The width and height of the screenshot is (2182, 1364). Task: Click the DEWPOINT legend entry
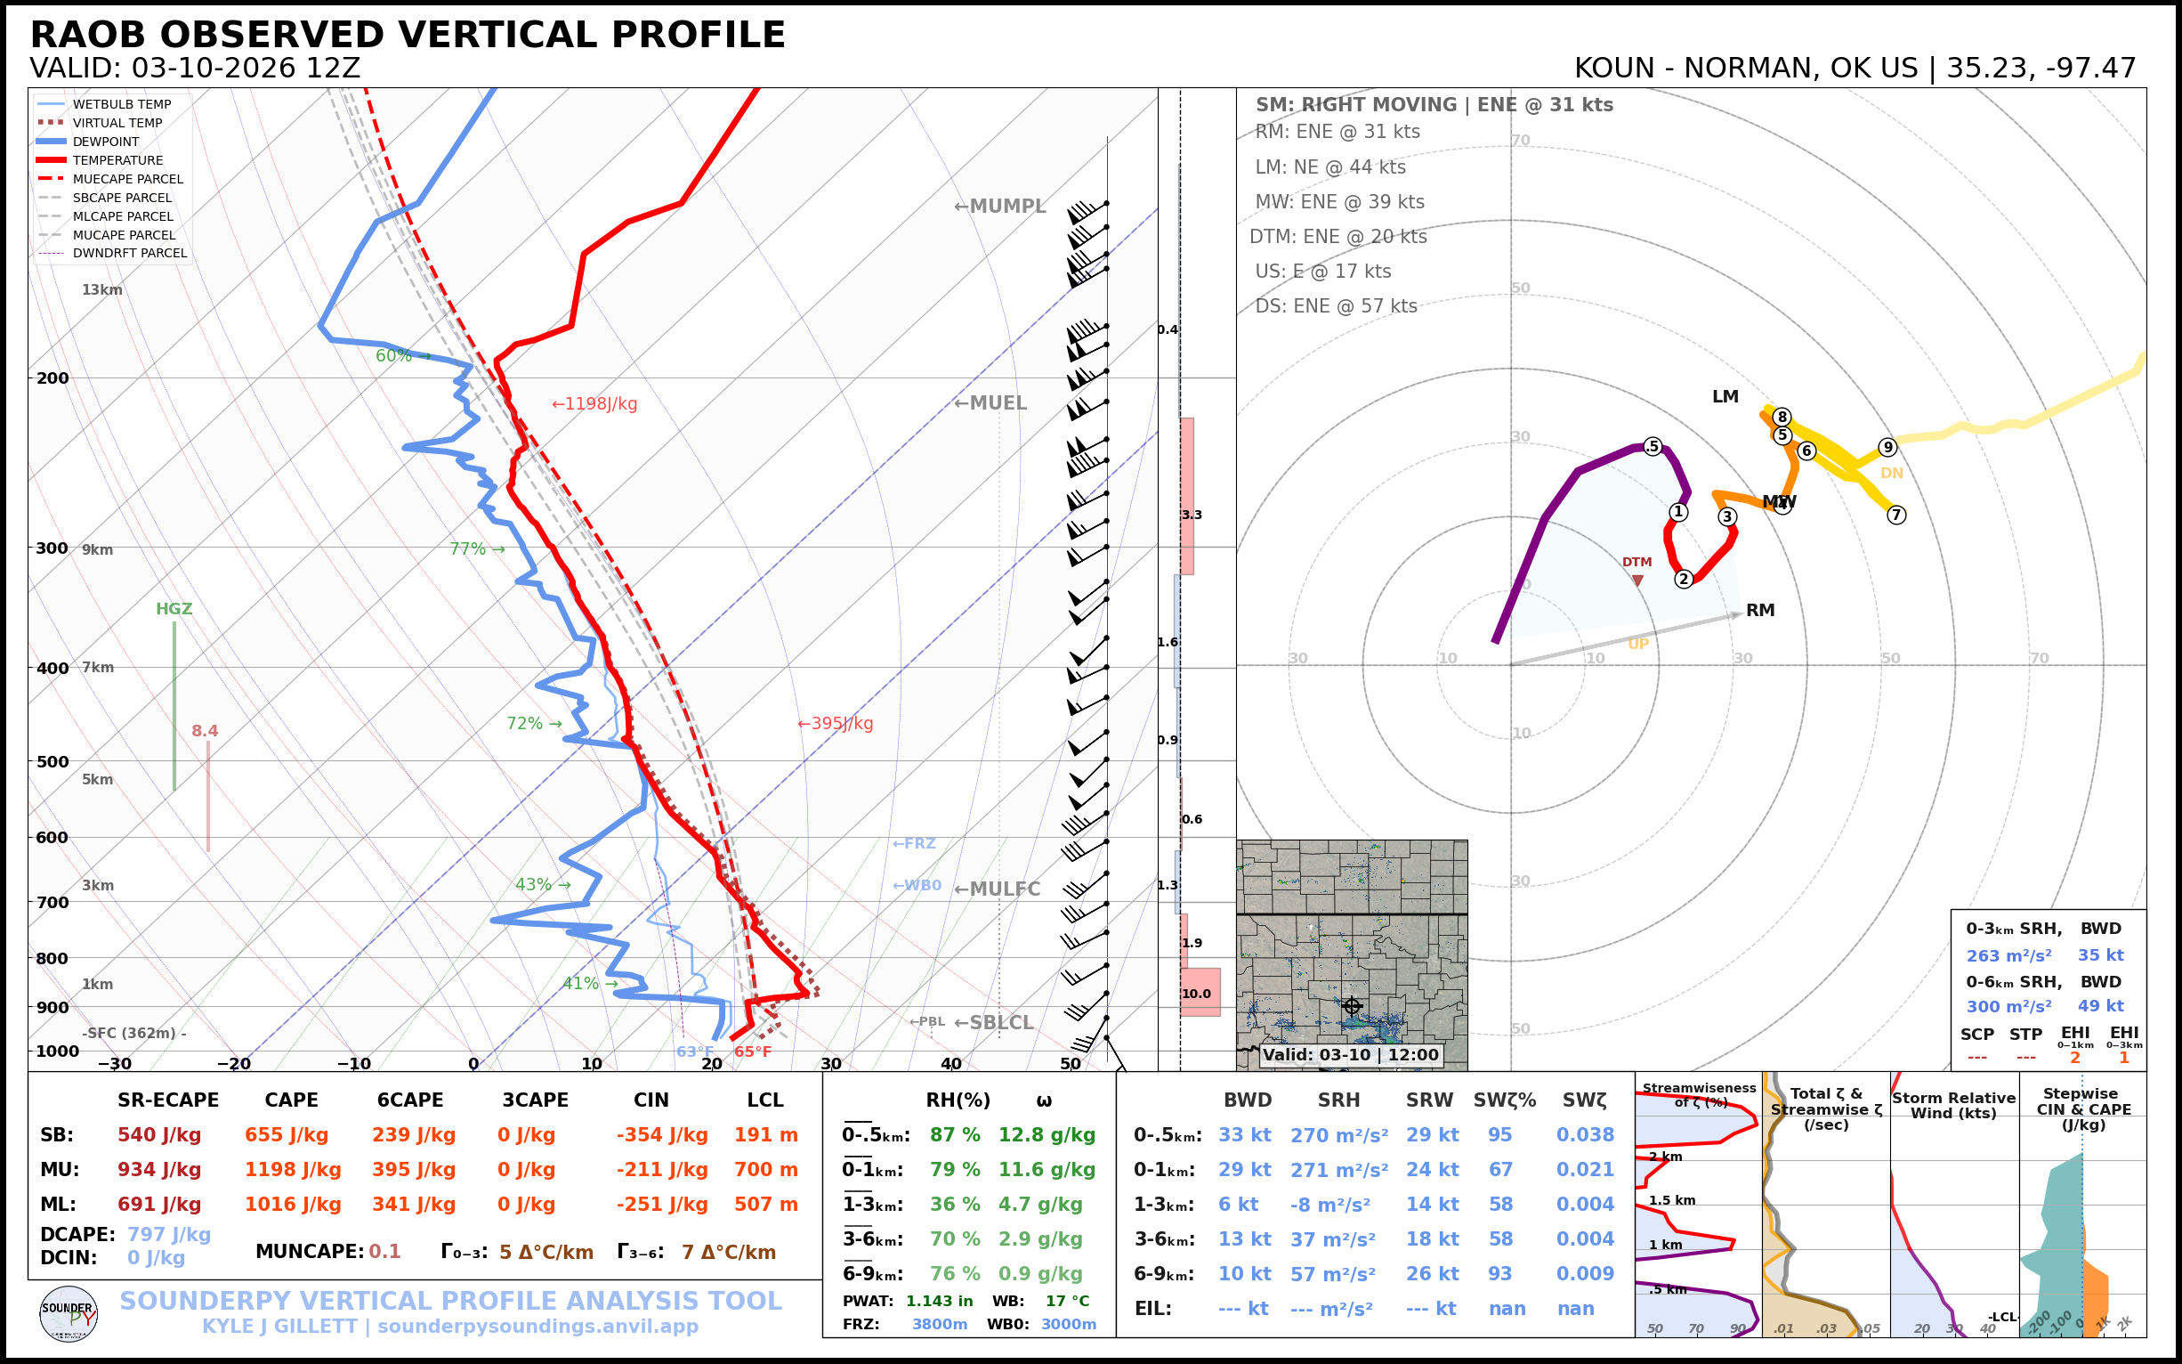coord(106,142)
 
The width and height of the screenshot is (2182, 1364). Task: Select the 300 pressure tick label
coord(53,548)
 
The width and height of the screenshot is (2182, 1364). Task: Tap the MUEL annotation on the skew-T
coord(991,403)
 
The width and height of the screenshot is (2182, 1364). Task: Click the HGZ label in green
coord(174,609)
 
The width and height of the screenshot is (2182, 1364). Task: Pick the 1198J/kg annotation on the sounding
coord(595,404)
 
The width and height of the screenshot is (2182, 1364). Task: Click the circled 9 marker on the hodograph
coord(1888,448)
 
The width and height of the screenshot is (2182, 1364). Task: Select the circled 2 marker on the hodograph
coord(1684,579)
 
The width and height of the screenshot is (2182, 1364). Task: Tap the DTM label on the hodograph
coord(1636,562)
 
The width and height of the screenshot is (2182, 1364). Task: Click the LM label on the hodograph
coord(1725,397)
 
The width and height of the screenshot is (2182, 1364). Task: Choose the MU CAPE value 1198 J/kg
coord(293,1170)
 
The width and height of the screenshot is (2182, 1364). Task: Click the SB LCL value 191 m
coord(765,1135)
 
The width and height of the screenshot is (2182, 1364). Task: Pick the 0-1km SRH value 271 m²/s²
coord(1339,1170)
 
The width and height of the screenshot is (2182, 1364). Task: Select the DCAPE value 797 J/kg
coord(168,1234)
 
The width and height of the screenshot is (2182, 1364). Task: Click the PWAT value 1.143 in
coord(939,1301)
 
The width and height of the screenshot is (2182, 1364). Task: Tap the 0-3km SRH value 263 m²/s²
coord(2008,955)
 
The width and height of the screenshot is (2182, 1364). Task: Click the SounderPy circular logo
coord(69,1314)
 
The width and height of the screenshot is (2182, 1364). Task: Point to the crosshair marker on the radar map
coord(1352,1006)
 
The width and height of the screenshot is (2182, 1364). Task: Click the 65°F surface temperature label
coord(752,1051)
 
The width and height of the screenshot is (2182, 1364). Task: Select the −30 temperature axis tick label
coord(115,1064)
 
